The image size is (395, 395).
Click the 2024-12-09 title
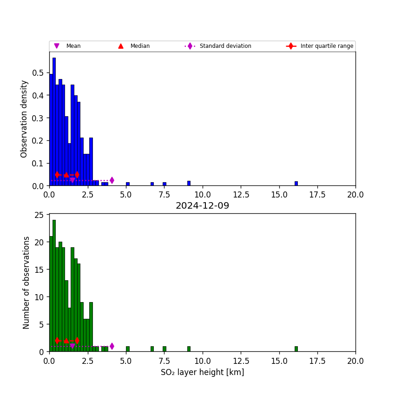[x=202, y=206]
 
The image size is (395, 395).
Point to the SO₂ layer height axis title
[x=202, y=372]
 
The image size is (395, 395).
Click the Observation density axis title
[x=25, y=118]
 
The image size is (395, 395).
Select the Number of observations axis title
[x=26, y=283]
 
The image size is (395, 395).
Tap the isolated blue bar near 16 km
[x=296, y=184]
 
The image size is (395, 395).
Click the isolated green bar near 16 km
[x=296, y=349]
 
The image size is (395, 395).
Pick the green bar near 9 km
[x=189, y=349]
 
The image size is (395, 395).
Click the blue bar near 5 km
[x=127, y=184]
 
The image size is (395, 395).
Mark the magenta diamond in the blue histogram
[x=112, y=180]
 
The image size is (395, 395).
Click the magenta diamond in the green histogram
[x=112, y=346]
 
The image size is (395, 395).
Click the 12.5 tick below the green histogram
[x=241, y=361]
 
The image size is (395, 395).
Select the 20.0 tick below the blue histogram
[x=355, y=195]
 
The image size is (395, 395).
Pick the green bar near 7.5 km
[x=164, y=349]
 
